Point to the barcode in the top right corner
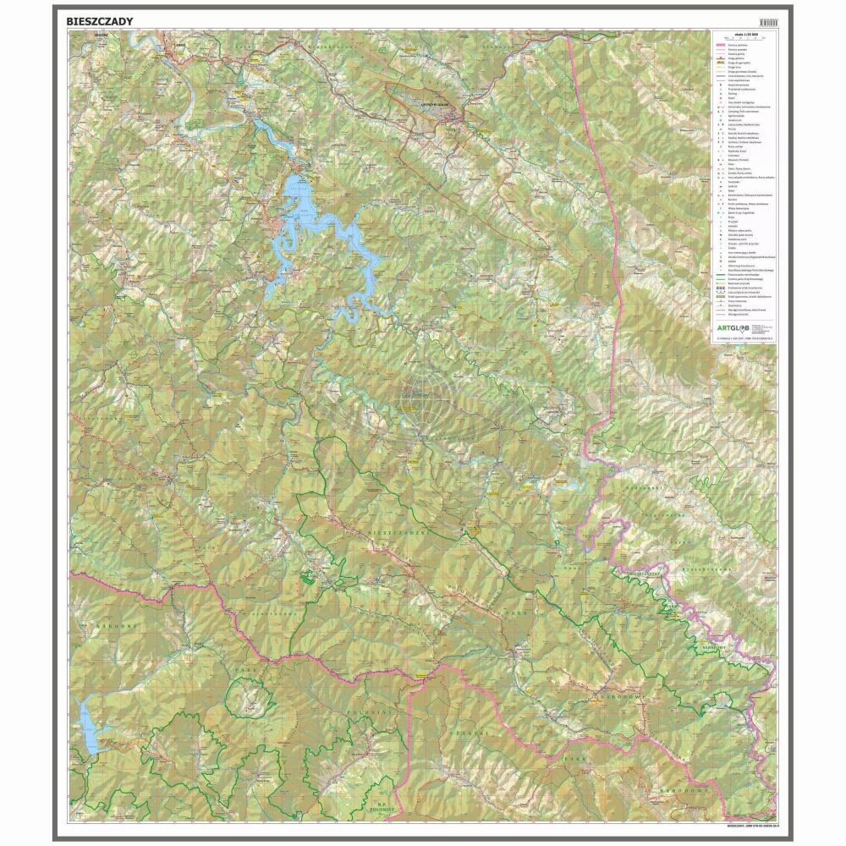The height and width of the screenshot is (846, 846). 767,21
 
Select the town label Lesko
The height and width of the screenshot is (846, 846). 178,41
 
